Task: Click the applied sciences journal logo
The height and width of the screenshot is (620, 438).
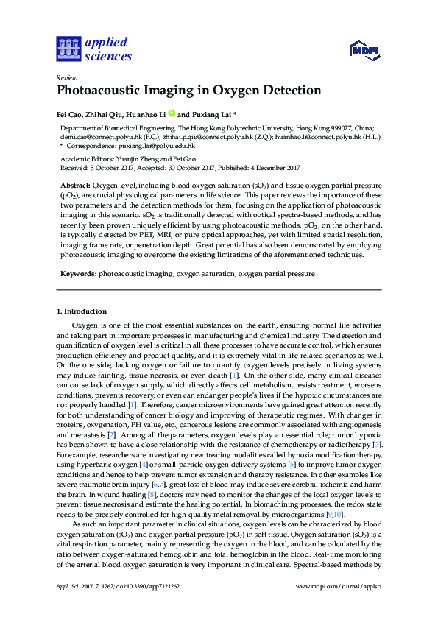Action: click(94, 49)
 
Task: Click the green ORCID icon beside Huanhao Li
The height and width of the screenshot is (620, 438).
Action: click(172, 114)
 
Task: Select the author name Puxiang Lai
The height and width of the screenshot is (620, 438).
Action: click(212, 115)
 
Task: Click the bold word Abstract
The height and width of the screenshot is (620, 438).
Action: click(75, 185)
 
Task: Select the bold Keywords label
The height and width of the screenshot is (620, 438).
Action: click(78, 273)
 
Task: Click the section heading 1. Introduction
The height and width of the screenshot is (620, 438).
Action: click(82, 311)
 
